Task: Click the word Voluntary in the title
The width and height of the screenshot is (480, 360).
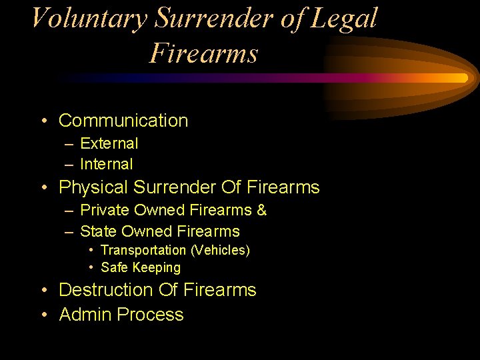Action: tap(89, 18)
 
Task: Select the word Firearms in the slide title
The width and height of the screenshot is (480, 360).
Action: tap(203, 53)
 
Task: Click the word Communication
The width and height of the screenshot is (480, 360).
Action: tap(123, 121)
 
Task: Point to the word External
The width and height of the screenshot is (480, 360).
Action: tap(109, 143)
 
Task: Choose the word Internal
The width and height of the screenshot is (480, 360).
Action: tap(107, 164)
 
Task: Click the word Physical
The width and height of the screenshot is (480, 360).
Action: tap(93, 187)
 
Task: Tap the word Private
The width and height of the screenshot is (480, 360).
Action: tap(105, 211)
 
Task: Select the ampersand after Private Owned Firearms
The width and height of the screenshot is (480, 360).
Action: tap(261, 211)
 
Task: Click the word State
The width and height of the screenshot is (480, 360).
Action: tap(97, 232)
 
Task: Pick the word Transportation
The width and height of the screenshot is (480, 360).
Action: tap(143, 251)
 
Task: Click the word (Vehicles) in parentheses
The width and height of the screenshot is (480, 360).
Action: tap(220, 251)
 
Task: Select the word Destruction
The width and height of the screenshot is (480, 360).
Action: tap(106, 290)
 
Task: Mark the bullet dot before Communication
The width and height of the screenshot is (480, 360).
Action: tap(43, 121)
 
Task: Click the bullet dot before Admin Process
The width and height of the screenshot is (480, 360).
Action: tap(43, 315)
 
